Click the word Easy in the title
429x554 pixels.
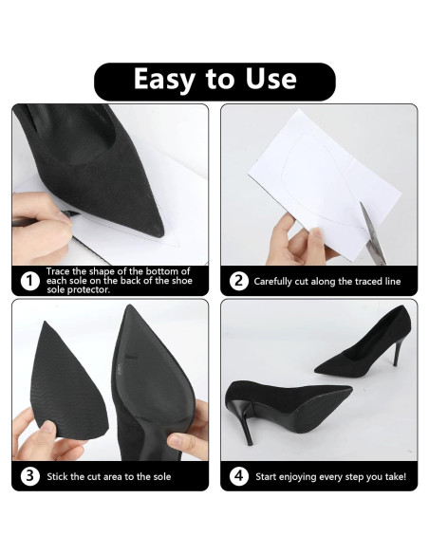(164, 80)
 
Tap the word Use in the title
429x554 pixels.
(270, 79)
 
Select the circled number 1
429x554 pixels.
(29, 281)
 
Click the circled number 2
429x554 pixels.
(238, 281)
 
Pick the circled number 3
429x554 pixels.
(29, 476)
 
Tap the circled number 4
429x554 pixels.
(238, 476)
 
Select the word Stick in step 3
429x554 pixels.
(58, 476)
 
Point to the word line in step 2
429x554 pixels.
(393, 282)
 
